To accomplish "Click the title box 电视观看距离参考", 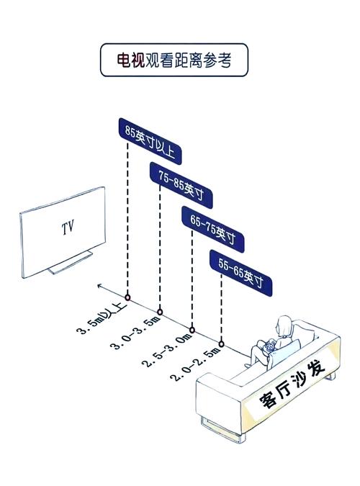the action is (x=174, y=60).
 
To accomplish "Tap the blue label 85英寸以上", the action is (x=150, y=141).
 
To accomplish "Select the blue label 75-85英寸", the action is (x=181, y=185).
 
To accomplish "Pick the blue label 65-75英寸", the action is (x=213, y=229).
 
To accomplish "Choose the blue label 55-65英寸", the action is (x=241, y=273).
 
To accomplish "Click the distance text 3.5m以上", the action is (x=102, y=318).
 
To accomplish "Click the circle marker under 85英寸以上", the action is (x=127, y=297).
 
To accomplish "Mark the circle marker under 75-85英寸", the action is (x=160, y=312).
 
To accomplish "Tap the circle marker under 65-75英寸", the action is (x=192, y=330).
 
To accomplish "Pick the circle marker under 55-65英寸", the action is (x=221, y=344).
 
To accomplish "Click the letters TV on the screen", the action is (x=68, y=228).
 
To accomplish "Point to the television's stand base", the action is (x=71, y=263).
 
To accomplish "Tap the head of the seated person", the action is (x=285, y=325).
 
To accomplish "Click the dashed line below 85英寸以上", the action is (x=127, y=219).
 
